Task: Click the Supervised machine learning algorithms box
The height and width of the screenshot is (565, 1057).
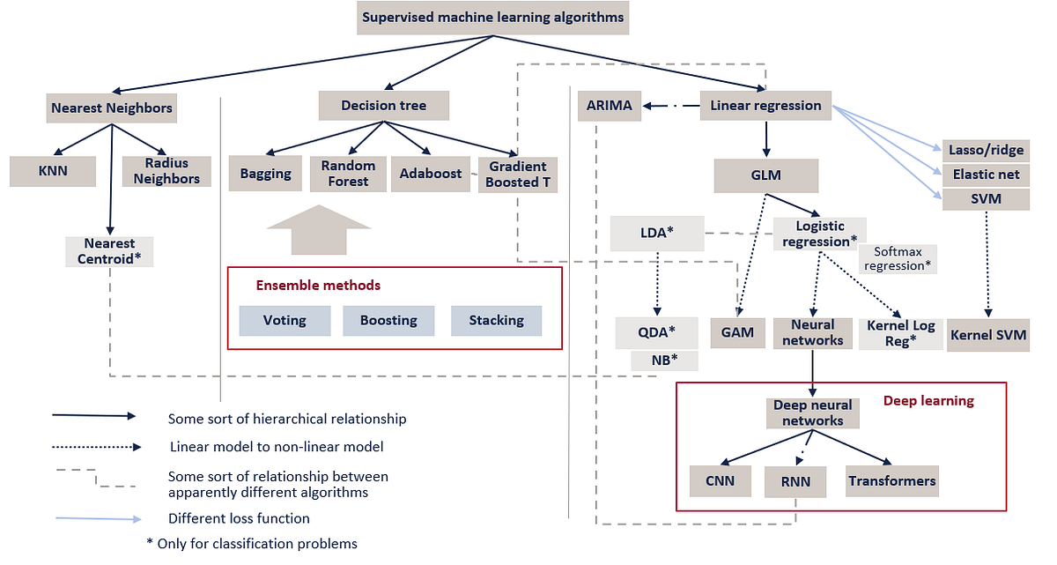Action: tap(492, 18)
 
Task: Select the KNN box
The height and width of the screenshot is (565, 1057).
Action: tap(52, 171)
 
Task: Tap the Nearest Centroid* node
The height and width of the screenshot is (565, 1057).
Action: tap(109, 251)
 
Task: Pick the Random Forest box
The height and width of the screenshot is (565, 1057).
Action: tap(348, 173)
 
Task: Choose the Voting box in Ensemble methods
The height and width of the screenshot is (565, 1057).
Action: tap(285, 320)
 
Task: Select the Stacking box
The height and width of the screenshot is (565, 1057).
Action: tap(496, 320)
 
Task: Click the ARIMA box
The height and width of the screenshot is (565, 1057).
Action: tap(610, 106)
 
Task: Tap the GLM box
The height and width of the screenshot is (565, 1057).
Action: tap(766, 175)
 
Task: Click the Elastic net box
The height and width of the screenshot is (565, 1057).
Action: tap(986, 175)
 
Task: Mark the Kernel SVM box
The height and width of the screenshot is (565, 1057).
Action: tap(988, 335)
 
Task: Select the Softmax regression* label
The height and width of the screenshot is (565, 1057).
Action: tap(903, 258)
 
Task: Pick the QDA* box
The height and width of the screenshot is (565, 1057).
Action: tap(656, 332)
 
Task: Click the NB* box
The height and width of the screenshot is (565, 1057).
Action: tap(664, 360)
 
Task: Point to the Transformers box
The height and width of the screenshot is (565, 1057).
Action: tap(892, 481)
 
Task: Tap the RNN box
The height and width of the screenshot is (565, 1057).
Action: tap(795, 481)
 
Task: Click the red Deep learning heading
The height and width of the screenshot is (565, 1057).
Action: tap(928, 401)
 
